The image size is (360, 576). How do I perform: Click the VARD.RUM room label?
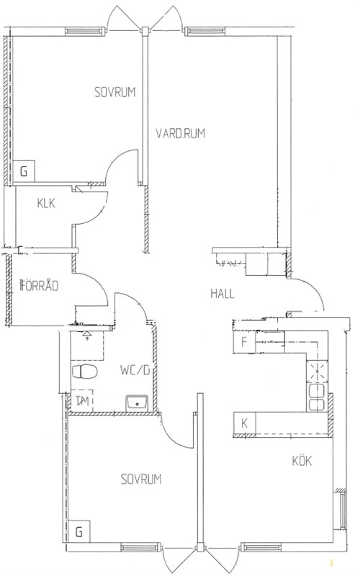coord(181,133)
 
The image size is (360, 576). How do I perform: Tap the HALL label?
coord(222,294)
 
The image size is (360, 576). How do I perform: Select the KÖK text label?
coord(302,460)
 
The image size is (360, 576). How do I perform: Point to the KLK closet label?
coord(46,203)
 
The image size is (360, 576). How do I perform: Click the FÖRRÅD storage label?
coord(40,285)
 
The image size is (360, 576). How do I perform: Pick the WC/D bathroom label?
coord(135,370)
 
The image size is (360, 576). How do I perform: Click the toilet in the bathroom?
coord(85,372)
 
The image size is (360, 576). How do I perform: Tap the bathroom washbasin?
coord(137,403)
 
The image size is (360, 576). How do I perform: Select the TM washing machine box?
coord(82,401)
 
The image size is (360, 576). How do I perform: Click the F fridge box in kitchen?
coord(245,343)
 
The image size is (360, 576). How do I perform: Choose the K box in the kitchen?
coord(245,423)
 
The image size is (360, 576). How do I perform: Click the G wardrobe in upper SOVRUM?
coord(24,171)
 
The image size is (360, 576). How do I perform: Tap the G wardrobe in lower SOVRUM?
coord(79,531)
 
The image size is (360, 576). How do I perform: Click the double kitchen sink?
coord(317,397)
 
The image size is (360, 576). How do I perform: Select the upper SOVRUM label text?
coord(115,92)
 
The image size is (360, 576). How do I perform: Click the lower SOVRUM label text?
coord(141,479)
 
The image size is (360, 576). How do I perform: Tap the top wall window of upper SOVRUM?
coord(84,31)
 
